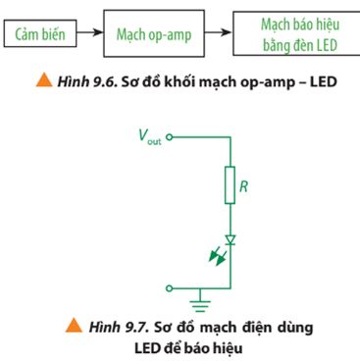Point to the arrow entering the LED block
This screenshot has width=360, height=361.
224,35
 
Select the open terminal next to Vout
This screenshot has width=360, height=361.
170,137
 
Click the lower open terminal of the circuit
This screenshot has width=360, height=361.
170,287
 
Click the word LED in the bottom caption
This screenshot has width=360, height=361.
124,344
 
